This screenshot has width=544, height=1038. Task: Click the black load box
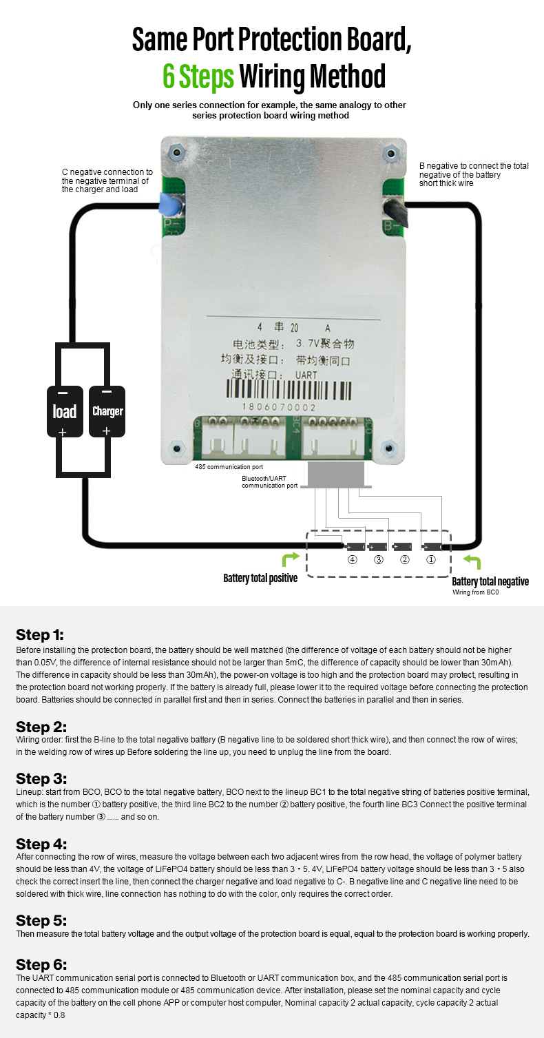[65, 411]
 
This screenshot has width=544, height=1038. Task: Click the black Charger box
[107, 411]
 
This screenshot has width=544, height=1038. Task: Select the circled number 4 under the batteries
[353, 560]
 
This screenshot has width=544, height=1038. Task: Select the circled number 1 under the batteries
[431, 560]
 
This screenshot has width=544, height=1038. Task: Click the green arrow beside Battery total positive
[291, 559]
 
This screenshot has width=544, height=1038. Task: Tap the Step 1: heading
[39, 634]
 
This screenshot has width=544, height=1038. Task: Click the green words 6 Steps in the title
[198, 76]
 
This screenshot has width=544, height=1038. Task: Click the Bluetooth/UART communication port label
[270, 481]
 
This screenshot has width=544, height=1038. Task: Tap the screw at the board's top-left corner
[177, 152]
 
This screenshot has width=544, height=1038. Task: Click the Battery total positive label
[260, 578]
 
